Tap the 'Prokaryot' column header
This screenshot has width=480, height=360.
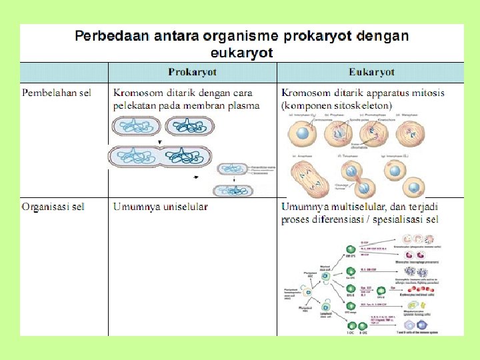pos(192,72)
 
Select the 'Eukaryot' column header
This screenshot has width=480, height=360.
pos(371,72)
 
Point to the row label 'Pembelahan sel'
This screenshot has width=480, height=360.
pos(57,93)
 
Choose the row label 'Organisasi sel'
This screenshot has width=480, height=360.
pos(53,207)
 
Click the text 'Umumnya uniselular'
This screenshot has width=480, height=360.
pos(161,207)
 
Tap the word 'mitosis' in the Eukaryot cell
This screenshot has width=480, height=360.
pos(427,93)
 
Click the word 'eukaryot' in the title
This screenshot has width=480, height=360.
pos(242,53)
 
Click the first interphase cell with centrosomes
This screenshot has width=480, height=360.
pos(302,134)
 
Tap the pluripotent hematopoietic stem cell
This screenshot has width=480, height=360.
pos(307,291)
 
